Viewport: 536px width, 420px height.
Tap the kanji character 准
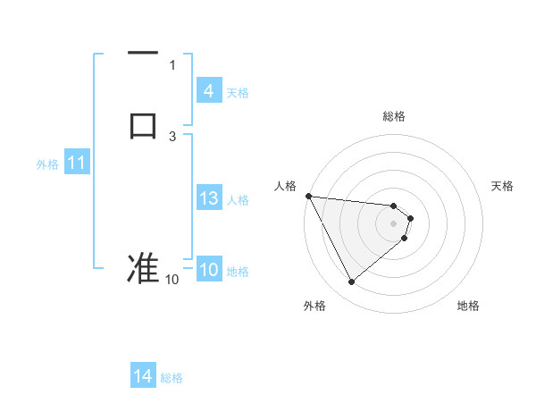[x=143, y=267]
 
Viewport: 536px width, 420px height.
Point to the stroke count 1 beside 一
[x=172, y=64]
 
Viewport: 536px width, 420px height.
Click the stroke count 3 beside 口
[x=172, y=136]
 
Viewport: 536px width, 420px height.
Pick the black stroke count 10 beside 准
[x=172, y=280]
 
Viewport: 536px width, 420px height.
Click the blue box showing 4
[x=208, y=91]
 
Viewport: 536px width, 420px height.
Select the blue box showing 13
[x=208, y=198]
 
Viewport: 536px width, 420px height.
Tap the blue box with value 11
[x=76, y=164]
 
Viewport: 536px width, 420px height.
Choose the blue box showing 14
[x=143, y=376]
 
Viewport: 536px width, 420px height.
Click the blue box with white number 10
[x=208, y=270]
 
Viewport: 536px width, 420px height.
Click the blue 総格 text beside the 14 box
[x=172, y=378]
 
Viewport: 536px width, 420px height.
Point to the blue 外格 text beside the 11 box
[x=47, y=164]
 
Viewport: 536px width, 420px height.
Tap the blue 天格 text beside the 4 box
[x=238, y=93]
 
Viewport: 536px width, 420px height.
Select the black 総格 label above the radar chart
[x=394, y=116]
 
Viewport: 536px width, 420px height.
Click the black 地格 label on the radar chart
[x=468, y=306]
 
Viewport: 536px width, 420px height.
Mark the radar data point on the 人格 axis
[x=308, y=196]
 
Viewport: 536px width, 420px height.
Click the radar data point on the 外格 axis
[x=351, y=282]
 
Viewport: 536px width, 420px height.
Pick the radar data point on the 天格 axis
[x=410, y=217]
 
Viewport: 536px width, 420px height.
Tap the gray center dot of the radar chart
[x=394, y=223]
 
